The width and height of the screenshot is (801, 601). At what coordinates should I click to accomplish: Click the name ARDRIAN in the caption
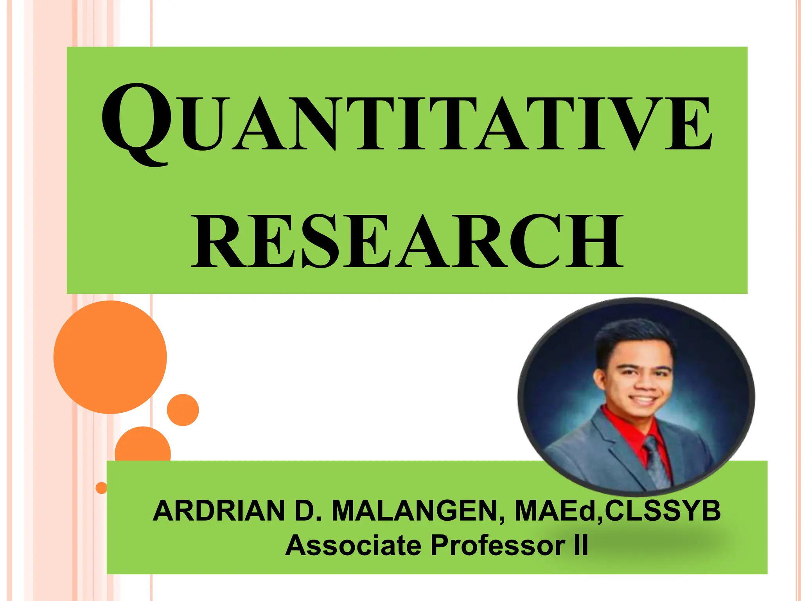click(219, 511)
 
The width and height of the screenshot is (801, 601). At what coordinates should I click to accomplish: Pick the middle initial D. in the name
click(308, 511)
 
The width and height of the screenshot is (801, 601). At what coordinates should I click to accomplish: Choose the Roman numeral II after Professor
click(581, 545)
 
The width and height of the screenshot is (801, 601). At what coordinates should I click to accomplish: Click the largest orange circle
click(110, 357)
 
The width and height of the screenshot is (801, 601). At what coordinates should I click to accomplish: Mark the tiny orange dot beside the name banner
click(101, 488)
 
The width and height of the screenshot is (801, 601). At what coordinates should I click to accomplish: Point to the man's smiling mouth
click(643, 400)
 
